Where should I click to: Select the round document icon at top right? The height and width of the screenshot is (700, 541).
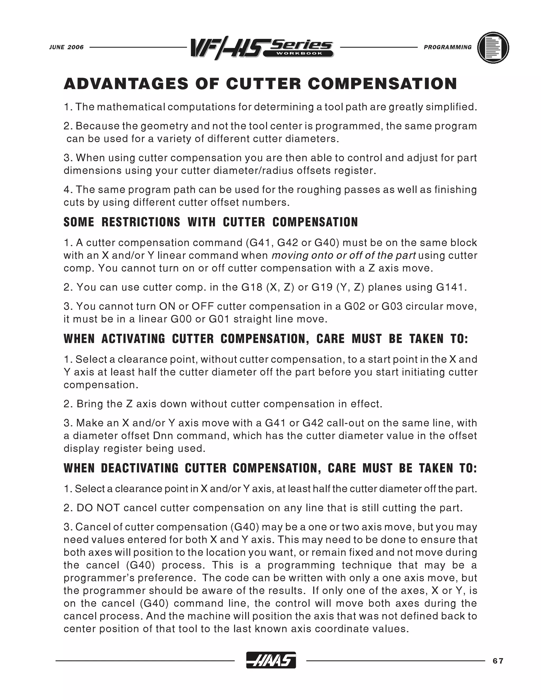[x=493, y=48]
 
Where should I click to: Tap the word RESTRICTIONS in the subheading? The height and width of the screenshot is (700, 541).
[x=141, y=222]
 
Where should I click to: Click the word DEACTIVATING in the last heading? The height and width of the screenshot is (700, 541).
[x=140, y=468]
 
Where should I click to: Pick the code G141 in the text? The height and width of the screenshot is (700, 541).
[x=450, y=287]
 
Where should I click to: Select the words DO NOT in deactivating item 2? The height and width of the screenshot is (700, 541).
[x=98, y=508]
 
